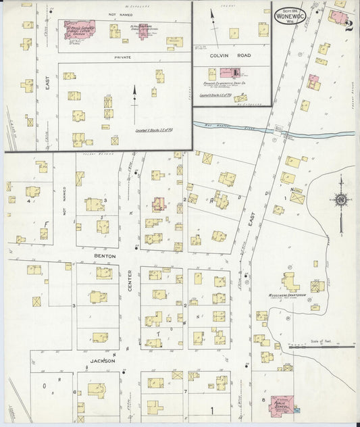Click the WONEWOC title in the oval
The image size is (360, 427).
(x=292, y=16)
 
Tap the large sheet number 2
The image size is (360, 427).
(x=349, y=26)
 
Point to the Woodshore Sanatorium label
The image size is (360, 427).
(x=290, y=295)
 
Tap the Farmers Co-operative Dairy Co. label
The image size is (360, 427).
(x=232, y=83)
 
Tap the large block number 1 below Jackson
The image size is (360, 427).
(x=211, y=410)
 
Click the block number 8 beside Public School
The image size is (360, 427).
(x=263, y=399)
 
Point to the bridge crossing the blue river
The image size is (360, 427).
(x=279, y=128)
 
